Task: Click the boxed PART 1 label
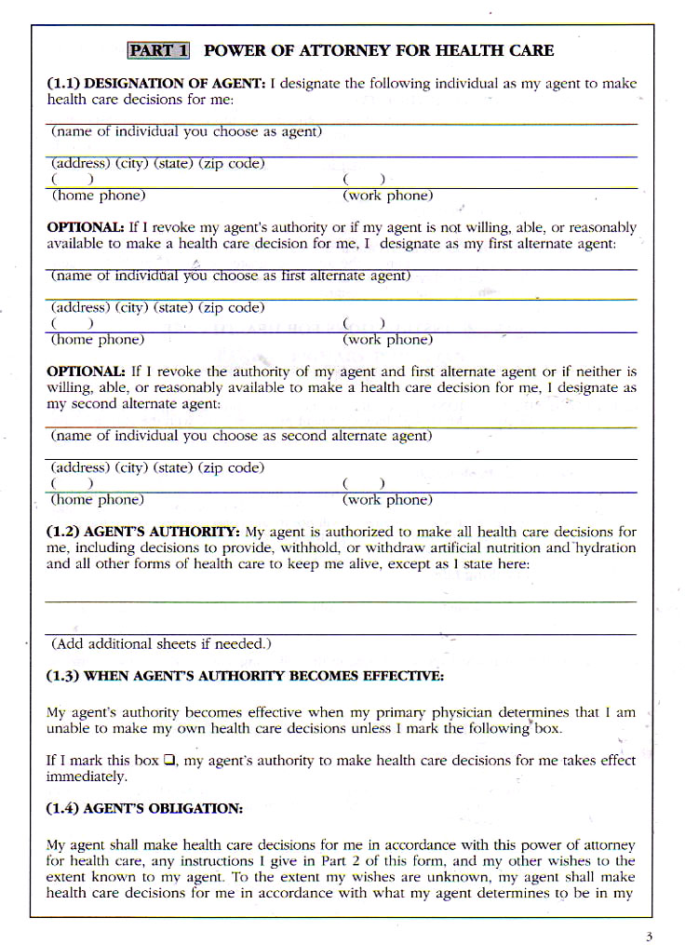point(158,50)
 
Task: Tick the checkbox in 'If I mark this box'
point(169,760)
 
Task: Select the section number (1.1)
point(63,84)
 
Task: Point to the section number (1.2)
point(63,532)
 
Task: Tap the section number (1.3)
point(63,675)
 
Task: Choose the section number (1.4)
point(63,809)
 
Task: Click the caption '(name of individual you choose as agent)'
point(186,132)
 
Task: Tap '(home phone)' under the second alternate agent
point(97,500)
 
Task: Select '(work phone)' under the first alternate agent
point(387,340)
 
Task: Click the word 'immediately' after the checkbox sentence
point(86,776)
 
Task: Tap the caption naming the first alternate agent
point(230,276)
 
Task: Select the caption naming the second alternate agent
point(241,436)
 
